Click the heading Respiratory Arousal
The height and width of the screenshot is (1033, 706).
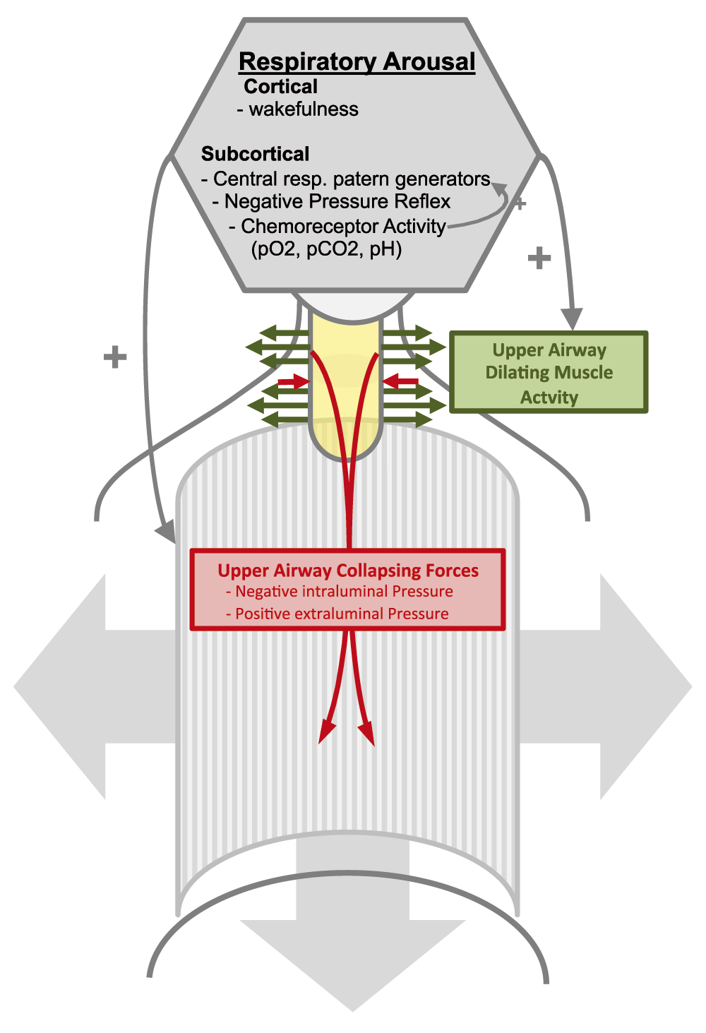357,62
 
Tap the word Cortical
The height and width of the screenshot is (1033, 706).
280,86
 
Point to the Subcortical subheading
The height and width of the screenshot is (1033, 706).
255,153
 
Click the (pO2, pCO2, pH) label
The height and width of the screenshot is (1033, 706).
326,249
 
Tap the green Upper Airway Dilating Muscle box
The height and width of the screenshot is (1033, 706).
549,371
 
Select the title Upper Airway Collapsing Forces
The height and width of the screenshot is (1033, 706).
348,571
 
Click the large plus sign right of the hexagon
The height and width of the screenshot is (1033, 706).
539,258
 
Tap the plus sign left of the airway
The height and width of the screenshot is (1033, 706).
115,357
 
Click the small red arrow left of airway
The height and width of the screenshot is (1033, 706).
293,381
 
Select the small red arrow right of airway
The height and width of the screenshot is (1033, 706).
400,381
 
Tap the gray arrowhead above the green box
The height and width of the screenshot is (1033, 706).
573,318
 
